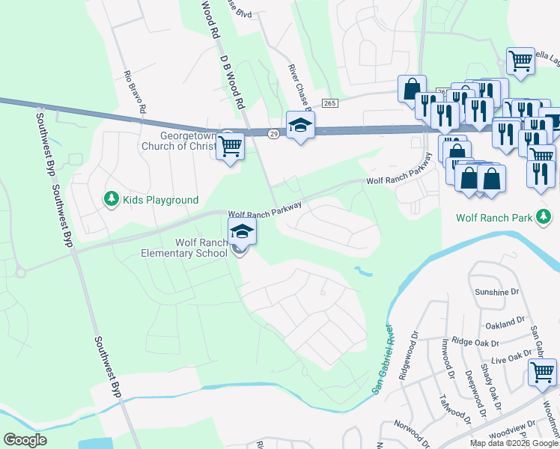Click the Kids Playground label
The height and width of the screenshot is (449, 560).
point(161,200)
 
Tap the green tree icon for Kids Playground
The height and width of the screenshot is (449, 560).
point(112,198)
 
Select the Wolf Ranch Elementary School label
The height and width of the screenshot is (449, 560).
point(184,248)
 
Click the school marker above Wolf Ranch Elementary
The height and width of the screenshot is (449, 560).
point(242,231)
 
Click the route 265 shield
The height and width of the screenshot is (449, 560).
point(329,102)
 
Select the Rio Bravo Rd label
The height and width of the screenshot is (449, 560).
point(136,92)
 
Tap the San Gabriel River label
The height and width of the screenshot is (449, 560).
point(383,359)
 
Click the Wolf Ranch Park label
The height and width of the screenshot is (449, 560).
point(494,218)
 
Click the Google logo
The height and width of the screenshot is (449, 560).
point(25,439)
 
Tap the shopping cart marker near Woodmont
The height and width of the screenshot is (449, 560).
point(542,372)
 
